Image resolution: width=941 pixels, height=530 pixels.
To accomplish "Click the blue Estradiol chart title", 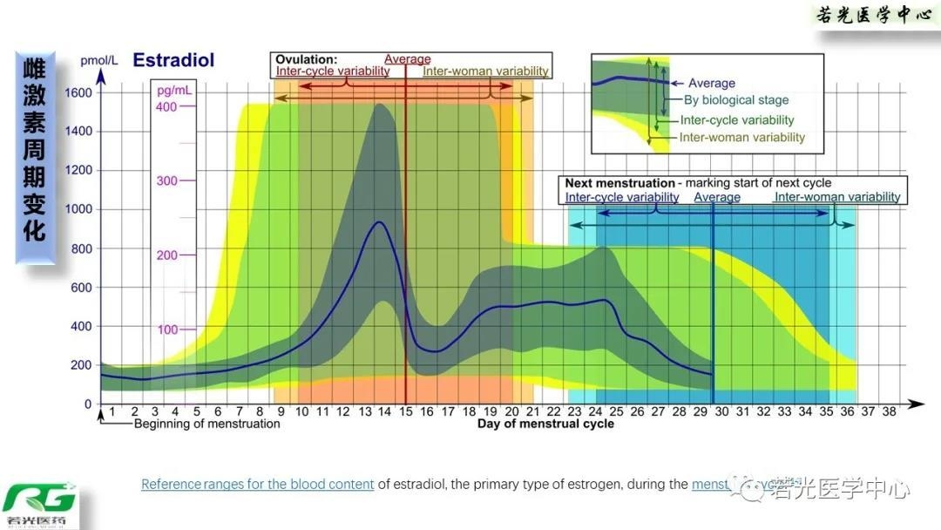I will click(173, 61).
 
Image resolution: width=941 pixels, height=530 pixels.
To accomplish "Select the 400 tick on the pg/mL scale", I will click(166, 106).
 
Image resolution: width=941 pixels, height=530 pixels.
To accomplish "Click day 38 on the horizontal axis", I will click(888, 411).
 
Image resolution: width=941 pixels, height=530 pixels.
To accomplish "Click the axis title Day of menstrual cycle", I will click(545, 425).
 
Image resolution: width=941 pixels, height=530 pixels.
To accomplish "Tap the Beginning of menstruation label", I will click(206, 425).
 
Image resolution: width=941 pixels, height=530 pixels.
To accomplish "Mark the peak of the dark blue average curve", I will click(379, 222).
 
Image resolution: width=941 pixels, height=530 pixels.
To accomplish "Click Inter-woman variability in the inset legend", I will click(742, 138).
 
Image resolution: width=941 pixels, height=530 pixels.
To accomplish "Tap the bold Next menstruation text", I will click(619, 184).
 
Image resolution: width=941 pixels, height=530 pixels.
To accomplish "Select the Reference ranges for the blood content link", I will click(258, 485).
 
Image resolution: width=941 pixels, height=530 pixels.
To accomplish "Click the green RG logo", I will click(39, 500).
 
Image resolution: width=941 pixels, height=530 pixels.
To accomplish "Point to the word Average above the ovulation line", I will click(408, 60).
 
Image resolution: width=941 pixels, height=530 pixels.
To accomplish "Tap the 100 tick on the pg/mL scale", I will click(166, 330).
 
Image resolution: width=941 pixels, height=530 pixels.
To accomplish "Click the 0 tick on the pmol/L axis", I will click(87, 404).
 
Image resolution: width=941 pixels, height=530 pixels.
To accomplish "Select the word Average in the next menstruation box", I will click(717, 198).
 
